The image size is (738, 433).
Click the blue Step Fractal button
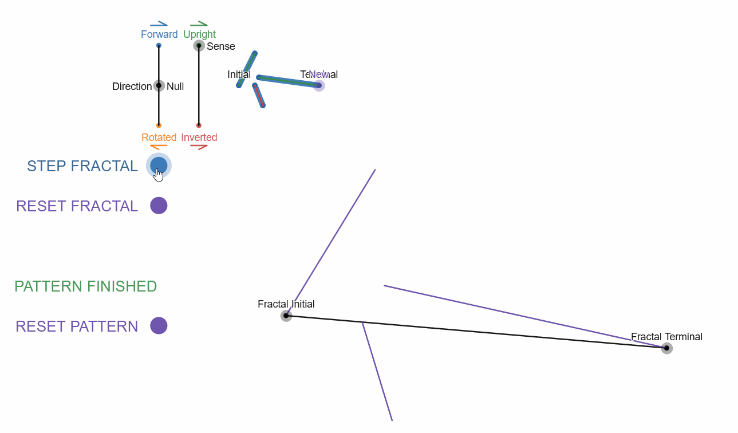(x=159, y=166)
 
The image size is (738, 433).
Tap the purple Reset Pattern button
(x=159, y=325)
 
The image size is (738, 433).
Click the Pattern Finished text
(x=86, y=286)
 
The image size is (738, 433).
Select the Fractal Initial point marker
(x=286, y=316)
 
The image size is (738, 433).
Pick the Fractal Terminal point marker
(x=666, y=348)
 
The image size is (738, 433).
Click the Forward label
(x=159, y=34)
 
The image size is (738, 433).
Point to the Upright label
(x=199, y=34)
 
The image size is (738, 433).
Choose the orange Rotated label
(x=159, y=137)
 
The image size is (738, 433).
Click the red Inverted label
(x=199, y=137)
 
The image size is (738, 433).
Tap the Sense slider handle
(x=199, y=46)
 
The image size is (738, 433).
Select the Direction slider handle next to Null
(x=159, y=86)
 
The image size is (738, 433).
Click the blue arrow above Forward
(x=159, y=24)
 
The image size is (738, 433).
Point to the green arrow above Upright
(x=199, y=24)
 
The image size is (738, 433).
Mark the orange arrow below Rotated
(x=159, y=147)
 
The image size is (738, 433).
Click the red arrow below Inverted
(x=199, y=147)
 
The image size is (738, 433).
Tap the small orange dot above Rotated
(x=159, y=125)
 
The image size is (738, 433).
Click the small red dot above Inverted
(x=199, y=125)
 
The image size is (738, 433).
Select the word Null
(x=175, y=86)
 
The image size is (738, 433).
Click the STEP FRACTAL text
(x=82, y=166)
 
